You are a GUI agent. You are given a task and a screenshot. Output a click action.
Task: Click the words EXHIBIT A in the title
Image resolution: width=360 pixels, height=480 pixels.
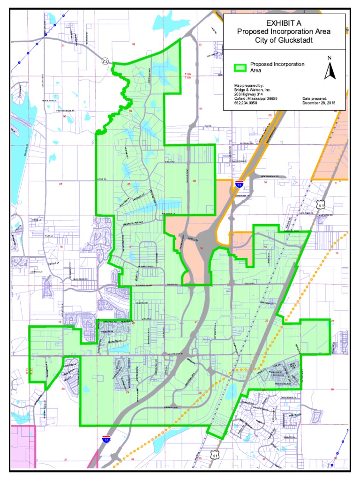(x=284, y=23)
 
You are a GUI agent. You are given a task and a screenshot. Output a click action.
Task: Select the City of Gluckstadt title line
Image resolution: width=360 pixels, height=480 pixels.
(x=284, y=41)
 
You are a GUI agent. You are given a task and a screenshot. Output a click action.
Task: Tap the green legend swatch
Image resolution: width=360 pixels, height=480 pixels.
(x=240, y=67)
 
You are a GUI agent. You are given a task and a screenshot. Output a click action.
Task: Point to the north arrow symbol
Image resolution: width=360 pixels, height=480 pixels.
(x=330, y=69)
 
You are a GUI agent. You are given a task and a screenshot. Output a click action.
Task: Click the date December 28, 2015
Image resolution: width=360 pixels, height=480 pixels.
(x=319, y=103)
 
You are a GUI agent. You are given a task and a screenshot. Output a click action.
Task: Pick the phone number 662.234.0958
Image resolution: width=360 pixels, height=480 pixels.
(x=247, y=103)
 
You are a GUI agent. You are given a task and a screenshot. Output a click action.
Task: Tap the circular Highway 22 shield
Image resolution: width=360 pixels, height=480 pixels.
(x=105, y=60)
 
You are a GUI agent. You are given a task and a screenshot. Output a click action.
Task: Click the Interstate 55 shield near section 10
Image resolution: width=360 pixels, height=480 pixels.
(x=240, y=184)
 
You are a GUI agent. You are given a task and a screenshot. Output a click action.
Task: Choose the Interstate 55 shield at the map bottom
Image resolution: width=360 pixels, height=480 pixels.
(x=107, y=440)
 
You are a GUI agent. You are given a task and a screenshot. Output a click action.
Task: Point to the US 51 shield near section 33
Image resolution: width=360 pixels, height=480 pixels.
(x=215, y=454)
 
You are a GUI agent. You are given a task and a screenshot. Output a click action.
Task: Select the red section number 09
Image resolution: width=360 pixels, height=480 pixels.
(x=195, y=181)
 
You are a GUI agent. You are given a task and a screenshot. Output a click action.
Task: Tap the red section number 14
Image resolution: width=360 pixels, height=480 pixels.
(x=336, y=253)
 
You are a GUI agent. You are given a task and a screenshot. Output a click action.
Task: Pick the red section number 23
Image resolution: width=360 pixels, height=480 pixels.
(x=332, y=321)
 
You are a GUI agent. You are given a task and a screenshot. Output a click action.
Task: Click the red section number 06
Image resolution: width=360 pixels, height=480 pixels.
(x=64, y=116)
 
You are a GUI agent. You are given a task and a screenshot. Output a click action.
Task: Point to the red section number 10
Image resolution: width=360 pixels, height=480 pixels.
(x=265, y=182)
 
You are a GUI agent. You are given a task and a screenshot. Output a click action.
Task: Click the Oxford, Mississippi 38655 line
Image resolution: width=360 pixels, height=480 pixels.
(x=256, y=98)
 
